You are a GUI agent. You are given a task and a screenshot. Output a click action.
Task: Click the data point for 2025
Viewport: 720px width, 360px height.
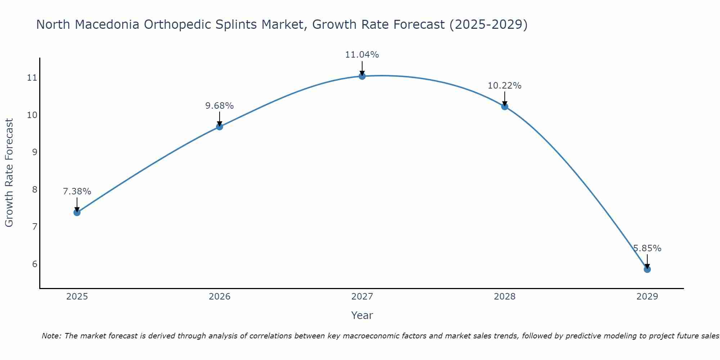(x=77, y=212)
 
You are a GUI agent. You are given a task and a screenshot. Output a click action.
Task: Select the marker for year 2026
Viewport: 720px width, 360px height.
(x=219, y=127)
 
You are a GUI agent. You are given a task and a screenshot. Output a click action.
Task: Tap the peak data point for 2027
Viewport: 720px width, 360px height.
(x=362, y=76)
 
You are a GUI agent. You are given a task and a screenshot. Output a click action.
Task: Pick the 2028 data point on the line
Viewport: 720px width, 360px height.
(x=504, y=107)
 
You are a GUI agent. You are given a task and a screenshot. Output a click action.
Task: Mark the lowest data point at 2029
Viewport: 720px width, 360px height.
(x=647, y=269)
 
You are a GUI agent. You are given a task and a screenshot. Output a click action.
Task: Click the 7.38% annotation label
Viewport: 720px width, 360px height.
(x=77, y=192)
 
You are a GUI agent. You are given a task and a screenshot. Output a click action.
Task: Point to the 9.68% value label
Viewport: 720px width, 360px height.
(x=219, y=106)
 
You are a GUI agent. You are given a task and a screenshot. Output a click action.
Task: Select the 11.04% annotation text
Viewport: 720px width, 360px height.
(x=362, y=55)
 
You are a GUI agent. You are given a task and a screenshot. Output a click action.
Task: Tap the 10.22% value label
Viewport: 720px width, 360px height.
(x=504, y=86)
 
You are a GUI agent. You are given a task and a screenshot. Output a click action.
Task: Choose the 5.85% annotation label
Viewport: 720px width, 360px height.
(x=647, y=248)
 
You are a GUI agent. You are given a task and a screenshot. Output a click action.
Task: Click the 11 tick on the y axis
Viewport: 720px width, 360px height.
(x=32, y=78)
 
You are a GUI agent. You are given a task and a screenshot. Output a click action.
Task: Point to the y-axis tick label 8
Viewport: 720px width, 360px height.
(x=35, y=189)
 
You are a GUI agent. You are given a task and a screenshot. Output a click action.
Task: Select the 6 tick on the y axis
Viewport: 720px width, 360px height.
(x=35, y=264)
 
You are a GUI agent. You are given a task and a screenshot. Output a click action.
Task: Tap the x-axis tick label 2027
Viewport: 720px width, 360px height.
(x=362, y=297)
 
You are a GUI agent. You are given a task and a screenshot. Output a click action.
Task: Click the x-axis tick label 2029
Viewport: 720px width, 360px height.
(x=647, y=297)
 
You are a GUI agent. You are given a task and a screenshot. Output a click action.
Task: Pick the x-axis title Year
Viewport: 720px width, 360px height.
(x=362, y=315)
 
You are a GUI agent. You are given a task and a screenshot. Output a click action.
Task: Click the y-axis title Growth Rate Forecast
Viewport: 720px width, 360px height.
(x=9, y=173)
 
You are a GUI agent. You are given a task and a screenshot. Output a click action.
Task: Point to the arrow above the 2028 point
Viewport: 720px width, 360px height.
(x=504, y=98)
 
